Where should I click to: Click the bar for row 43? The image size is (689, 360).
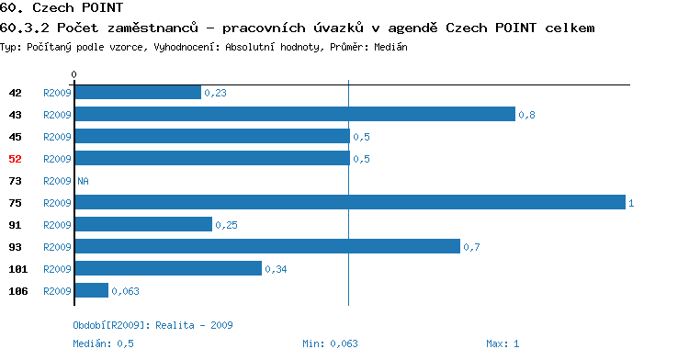tap(295, 114)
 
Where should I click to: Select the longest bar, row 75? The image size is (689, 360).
tap(350, 202)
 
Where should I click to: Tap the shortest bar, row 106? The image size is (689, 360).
tap(91, 290)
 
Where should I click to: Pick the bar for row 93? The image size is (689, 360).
tap(267, 246)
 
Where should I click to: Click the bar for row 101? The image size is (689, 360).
tap(168, 268)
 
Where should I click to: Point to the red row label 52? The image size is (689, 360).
tap(15, 159)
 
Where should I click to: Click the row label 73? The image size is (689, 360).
tap(15, 181)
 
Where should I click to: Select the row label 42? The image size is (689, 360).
tap(15, 93)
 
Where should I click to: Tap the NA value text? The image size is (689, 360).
tap(83, 181)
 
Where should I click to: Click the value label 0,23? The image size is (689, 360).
tap(215, 93)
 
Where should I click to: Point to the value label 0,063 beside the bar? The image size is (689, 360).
tap(125, 291)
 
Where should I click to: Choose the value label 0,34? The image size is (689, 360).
tap(276, 269)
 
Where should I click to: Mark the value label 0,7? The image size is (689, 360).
tap(471, 247)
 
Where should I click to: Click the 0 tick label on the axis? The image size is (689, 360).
tap(73, 74)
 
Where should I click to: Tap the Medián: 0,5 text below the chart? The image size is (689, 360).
tap(103, 343)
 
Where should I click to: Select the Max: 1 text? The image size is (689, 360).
tap(503, 343)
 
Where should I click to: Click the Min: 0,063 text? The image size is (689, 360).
tap(330, 343)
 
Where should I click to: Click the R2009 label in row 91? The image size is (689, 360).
tap(57, 225)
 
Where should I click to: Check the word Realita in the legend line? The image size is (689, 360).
tap(175, 325)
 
